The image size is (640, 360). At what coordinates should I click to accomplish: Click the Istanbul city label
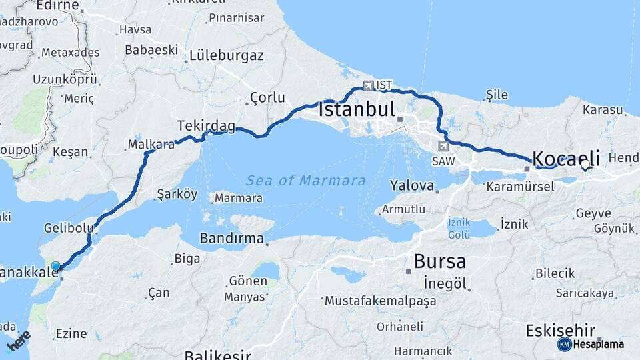(x=357, y=109)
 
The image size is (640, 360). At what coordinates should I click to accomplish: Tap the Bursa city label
(x=439, y=261)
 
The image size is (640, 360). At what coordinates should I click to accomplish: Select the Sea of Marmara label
(x=305, y=181)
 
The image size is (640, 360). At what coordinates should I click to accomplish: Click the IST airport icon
(x=368, y=85)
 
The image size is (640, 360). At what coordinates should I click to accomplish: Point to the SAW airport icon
(x=444, y=145)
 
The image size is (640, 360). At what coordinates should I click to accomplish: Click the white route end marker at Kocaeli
(x=585, y=165)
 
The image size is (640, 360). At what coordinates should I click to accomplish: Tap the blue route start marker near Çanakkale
(x=56, y=267)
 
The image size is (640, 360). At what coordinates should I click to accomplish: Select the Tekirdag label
(x=206, y=125)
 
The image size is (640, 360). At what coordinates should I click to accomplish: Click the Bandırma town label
(x=231, y=238)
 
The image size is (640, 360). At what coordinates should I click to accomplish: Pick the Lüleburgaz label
(x=226, y=55)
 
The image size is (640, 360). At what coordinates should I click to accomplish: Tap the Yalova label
(x=412, y=185)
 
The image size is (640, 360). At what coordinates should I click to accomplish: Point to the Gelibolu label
(x=69, y=228)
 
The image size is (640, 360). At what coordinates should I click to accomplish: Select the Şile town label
(x=497, y=95)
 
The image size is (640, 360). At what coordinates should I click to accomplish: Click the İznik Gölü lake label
(x=459, y=229)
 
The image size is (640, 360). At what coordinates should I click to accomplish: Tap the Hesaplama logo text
(x=599, y=344)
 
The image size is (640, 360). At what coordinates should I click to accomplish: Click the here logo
(x=18, y=341)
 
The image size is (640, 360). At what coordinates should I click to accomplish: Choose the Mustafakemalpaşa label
(x=380, y=301)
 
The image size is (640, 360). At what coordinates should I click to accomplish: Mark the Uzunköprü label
(x=65, y=79)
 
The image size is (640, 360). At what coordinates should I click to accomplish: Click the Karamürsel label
(x=520, y=187)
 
